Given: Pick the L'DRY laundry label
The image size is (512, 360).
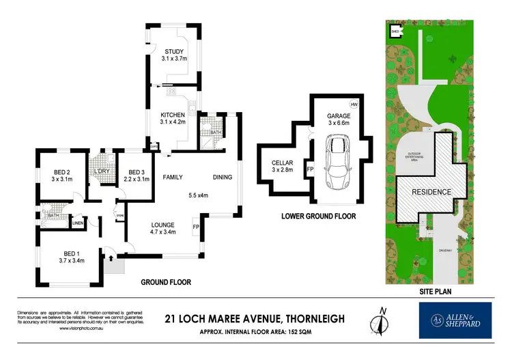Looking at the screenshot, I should [x=102, y=171].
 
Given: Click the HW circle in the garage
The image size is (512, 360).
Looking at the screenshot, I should [x=354, y=104].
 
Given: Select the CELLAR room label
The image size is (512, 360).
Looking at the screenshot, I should [x=282, y=161].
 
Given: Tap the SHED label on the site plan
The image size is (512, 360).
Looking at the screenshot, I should [x=395, y=31].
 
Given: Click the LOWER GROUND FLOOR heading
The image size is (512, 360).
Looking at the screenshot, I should [x=319, y=217].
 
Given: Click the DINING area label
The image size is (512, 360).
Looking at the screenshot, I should [x=222, y=178].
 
